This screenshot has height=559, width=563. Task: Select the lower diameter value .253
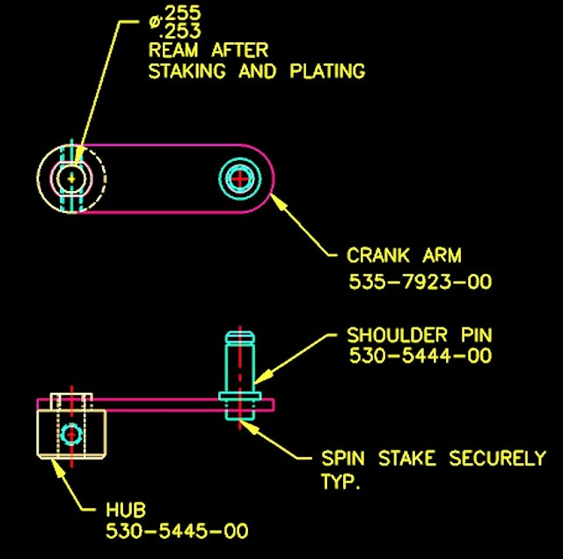[179, 31]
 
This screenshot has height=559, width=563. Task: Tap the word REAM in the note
[172, 50]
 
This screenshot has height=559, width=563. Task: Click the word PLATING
[327, 70]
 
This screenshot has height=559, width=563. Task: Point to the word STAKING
[187, 70]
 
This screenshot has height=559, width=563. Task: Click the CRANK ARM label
[404, 255]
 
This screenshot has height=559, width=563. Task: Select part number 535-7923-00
[420, 282]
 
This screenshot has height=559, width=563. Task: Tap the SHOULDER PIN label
[420, 335]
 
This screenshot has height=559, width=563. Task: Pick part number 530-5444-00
[420, 356]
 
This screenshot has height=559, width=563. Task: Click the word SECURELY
[497, 458]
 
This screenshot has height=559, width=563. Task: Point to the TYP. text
[340, 481]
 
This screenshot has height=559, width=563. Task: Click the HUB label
[126, 510]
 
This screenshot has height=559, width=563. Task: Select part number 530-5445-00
[177, 531]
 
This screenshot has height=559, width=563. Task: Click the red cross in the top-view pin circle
[239, 179]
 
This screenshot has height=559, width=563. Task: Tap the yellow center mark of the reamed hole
[71, 178]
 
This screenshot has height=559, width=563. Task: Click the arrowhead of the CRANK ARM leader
[277, 201]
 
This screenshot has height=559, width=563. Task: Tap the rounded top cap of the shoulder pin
[240, 337]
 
